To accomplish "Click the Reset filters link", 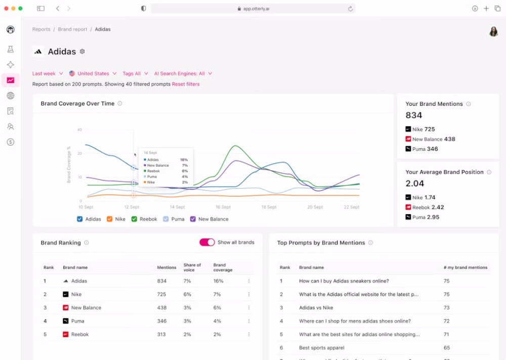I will (x=186, y=84).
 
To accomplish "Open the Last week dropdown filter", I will (x=48, y=73).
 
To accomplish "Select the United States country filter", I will (x=93, y=73).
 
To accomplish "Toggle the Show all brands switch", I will (x=207, y=243).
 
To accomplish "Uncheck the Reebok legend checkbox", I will (x=135, y=219).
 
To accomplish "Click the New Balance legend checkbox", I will (x=193, y=219).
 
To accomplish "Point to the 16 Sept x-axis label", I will (x=223, y=207).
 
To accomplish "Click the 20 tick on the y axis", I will (x=79, y=153).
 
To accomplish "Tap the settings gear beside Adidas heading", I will (x=82, y=52).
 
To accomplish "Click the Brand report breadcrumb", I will (x=72, y=29).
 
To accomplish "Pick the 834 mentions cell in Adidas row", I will (x=162, y=281).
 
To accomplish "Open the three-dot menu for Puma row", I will (x=248, y=321).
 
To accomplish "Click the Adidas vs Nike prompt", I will (x=316, y=308).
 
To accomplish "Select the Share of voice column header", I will (x=192, y=267).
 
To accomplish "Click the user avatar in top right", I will (x=493, y=32).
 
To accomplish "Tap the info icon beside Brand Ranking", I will (x=87, y=243).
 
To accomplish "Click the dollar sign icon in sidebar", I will (x=11, y=142).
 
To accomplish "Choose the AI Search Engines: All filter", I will (x=183, y=73).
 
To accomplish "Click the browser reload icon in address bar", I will (x=350, y=9).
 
